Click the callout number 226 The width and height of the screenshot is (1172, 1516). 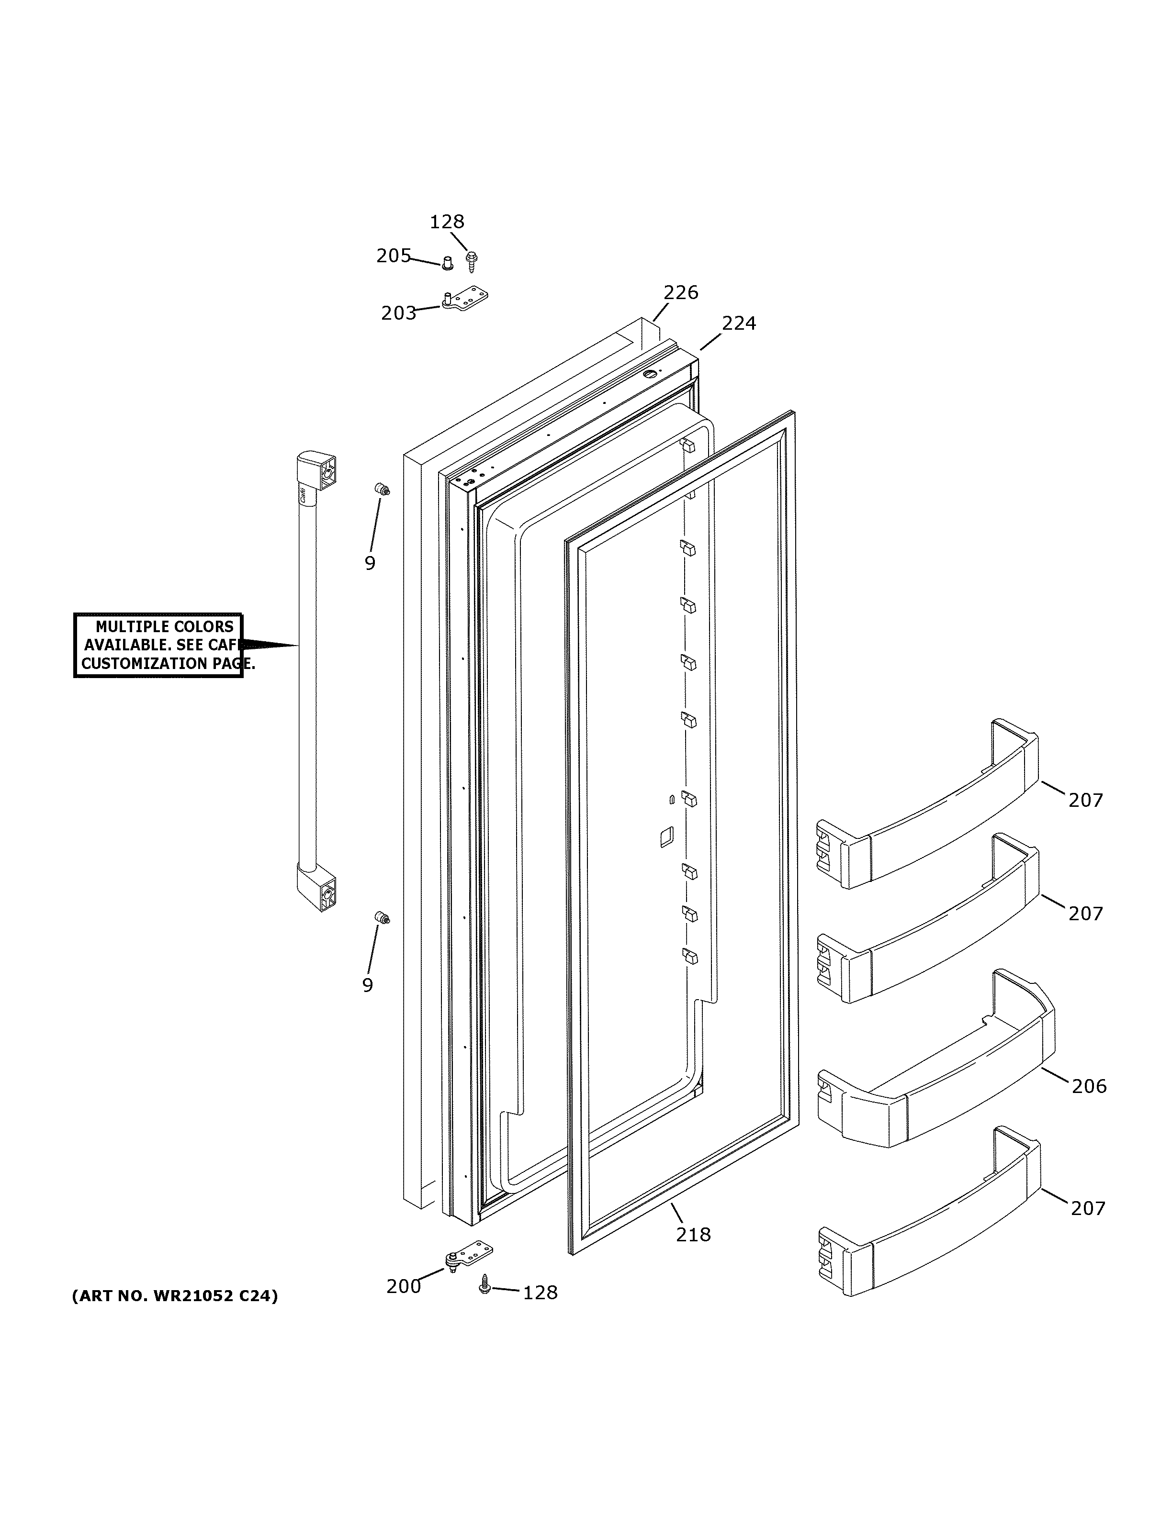pos(680,292)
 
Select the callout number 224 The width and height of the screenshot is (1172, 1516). pos(738,323)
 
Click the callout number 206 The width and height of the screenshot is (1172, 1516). pos(1089,1086)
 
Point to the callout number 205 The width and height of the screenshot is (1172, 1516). pos(394,256)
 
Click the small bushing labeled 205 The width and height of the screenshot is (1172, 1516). pos(448,262)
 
